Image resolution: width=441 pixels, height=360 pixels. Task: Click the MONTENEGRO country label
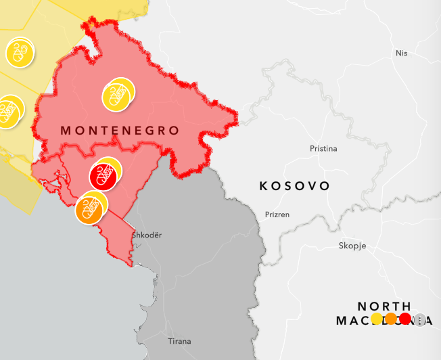click(120, 129)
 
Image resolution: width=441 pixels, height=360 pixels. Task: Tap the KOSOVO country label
click(295, 185)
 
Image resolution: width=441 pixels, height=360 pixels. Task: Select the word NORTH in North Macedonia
click(384, 307)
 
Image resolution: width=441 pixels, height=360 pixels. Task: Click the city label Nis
click(402, 53)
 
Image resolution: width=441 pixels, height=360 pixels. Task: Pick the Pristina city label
click(323, 148)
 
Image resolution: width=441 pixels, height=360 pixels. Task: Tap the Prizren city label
click(277, 215)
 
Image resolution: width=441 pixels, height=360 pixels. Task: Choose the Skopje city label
click(352, 246)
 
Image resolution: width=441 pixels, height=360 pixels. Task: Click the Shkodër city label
click(147, 235)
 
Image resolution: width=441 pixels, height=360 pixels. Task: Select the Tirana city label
click(179, 341)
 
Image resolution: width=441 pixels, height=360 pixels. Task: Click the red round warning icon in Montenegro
click(103, 177)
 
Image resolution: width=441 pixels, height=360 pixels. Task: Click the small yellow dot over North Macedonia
click(377, 319)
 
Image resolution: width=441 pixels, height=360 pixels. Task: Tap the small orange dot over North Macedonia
click(391, 319)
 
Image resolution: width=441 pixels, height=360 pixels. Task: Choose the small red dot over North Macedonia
click(405, 319)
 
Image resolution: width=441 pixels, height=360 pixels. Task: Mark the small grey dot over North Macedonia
click(419, 319)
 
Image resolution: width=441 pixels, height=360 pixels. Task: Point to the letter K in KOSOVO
click(264, 185)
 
